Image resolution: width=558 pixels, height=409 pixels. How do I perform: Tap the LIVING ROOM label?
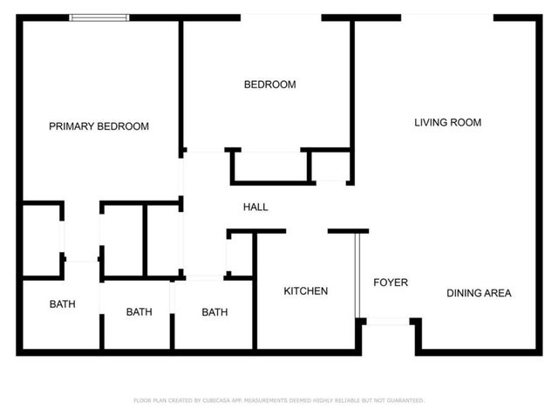pyautogui.click(x=447, y=123)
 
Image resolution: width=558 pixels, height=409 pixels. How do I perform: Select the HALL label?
pyautogui.click(x=255, y=208)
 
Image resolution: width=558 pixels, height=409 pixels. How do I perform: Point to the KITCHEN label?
pyautogui.click(x=306, y=291)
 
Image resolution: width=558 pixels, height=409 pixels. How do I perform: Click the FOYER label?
pyautogui.click(x=391, y=283)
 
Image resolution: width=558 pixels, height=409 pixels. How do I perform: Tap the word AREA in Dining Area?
pyautogui.click(x=499, y=293)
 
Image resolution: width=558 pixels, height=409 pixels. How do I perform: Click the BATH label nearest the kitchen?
pyautogui.click(x=214, y=312)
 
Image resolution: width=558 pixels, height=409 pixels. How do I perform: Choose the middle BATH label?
pyautogui.click(x=139, y=312)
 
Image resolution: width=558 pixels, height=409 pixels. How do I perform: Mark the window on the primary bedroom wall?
pyautogui.click(x=99, y=17)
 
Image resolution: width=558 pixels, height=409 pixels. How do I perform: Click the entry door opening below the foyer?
pyautogui.click(x=388, y=322)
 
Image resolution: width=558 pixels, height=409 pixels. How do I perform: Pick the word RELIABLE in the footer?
pyautogui.click(x=350, y=400)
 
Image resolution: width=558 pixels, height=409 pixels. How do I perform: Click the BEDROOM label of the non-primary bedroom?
pyautogui.click(x=269, y=85)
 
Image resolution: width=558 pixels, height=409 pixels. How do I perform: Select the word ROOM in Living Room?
pyautogui.click(x=466, y=123)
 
